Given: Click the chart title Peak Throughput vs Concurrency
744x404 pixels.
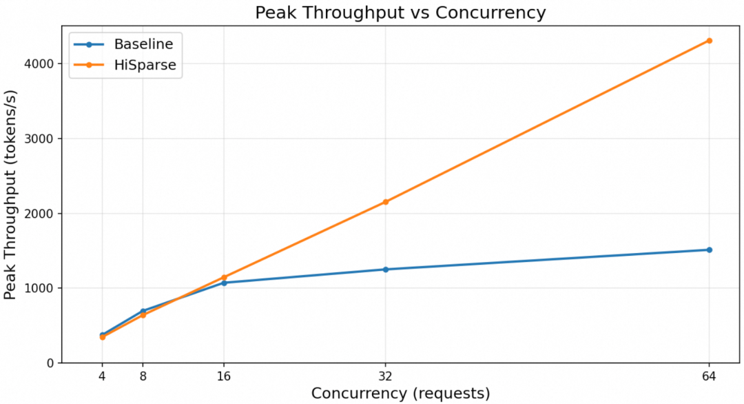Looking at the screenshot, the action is coord(400,12).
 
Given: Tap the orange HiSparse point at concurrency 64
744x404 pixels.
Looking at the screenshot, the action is coord(709,41).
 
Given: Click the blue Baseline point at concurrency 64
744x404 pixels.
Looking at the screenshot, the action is coord(709,250).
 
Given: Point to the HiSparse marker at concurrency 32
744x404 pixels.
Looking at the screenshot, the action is coord(385,202).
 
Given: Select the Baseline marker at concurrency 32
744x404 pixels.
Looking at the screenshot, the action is coord(385,269).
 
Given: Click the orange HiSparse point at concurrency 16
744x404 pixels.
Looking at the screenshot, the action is coord(224,277).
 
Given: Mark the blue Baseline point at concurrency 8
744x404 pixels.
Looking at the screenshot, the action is coord(143,312).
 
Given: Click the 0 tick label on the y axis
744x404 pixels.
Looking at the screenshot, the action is coord(50,363).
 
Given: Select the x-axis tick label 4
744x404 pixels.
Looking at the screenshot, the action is coord(102,376).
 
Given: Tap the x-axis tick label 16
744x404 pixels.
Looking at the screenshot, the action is coord(224,376).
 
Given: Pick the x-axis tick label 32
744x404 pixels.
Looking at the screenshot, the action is coord(385,376).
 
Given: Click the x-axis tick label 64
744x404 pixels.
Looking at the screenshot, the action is coord(709,376).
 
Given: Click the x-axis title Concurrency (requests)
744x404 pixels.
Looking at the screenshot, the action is coord(400,394).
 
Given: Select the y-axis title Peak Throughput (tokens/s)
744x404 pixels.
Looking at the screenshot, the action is coord(10,194).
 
